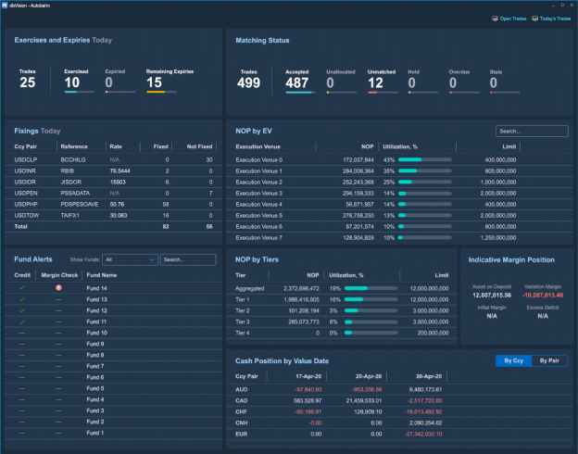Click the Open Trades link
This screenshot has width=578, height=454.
tap(509, 18)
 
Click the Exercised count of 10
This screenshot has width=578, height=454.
tap(71, 82)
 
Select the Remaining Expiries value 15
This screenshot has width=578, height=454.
tap(155, 82)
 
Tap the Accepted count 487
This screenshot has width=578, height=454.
tap(297, 82)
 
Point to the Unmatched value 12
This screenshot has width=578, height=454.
tap(375, 82)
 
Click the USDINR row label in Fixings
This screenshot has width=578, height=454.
tap(25, 170)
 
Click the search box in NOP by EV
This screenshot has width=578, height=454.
tap(531, 132)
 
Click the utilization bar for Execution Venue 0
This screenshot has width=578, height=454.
tap(424, 159)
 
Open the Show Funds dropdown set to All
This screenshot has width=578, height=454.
tap(129, 259)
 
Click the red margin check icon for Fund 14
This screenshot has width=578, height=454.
tap(58, 288)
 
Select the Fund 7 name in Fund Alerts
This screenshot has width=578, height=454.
tap(96, 366)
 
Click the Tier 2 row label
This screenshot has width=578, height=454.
tap(243, 309)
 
